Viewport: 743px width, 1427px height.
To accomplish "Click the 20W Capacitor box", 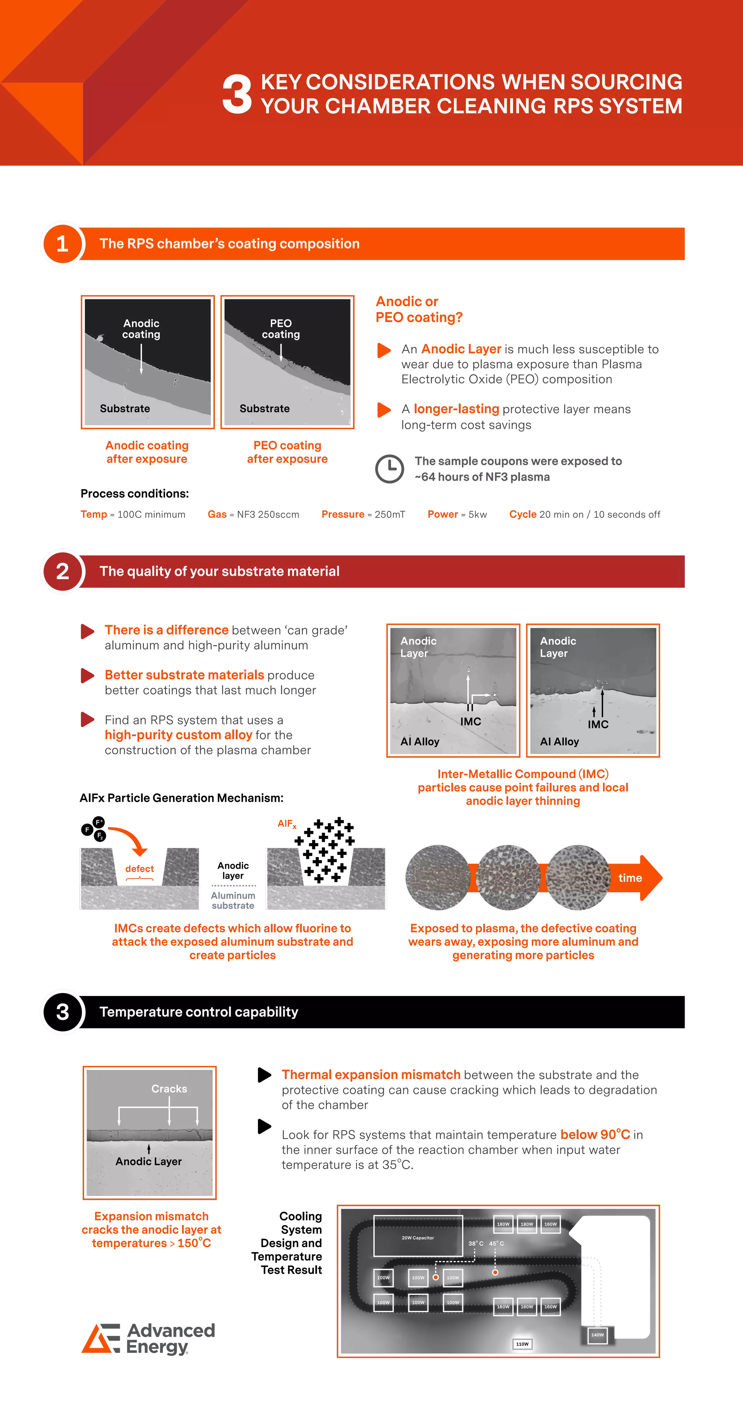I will (x=418, y=1235).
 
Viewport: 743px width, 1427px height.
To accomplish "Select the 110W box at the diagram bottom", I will (x=522, y=1344).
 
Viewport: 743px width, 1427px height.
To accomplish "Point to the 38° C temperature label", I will (x=475, y=1244).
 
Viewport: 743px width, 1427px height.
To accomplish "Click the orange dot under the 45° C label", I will (x=495, y=1272).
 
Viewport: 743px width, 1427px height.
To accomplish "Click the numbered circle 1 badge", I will (x=62, y=244).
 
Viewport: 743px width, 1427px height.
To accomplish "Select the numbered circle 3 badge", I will (x=62, y=1012).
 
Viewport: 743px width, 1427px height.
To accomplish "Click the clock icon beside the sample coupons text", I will (x=390, y=469).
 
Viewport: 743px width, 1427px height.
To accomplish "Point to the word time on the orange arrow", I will (x=630, y=878).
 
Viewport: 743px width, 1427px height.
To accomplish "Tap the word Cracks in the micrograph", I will (x=169, y=1088).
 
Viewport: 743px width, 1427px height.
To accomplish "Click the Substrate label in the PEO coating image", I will (x=264, y=408).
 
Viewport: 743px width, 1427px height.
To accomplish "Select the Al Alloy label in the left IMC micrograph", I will (x=419, y=741).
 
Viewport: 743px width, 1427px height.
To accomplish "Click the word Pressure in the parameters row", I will (x=343, y=514).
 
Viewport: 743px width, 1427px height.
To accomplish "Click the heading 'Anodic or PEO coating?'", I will (x=418, y=309).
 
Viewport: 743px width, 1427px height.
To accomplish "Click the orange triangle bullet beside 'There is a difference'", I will (x=87, y=631).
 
